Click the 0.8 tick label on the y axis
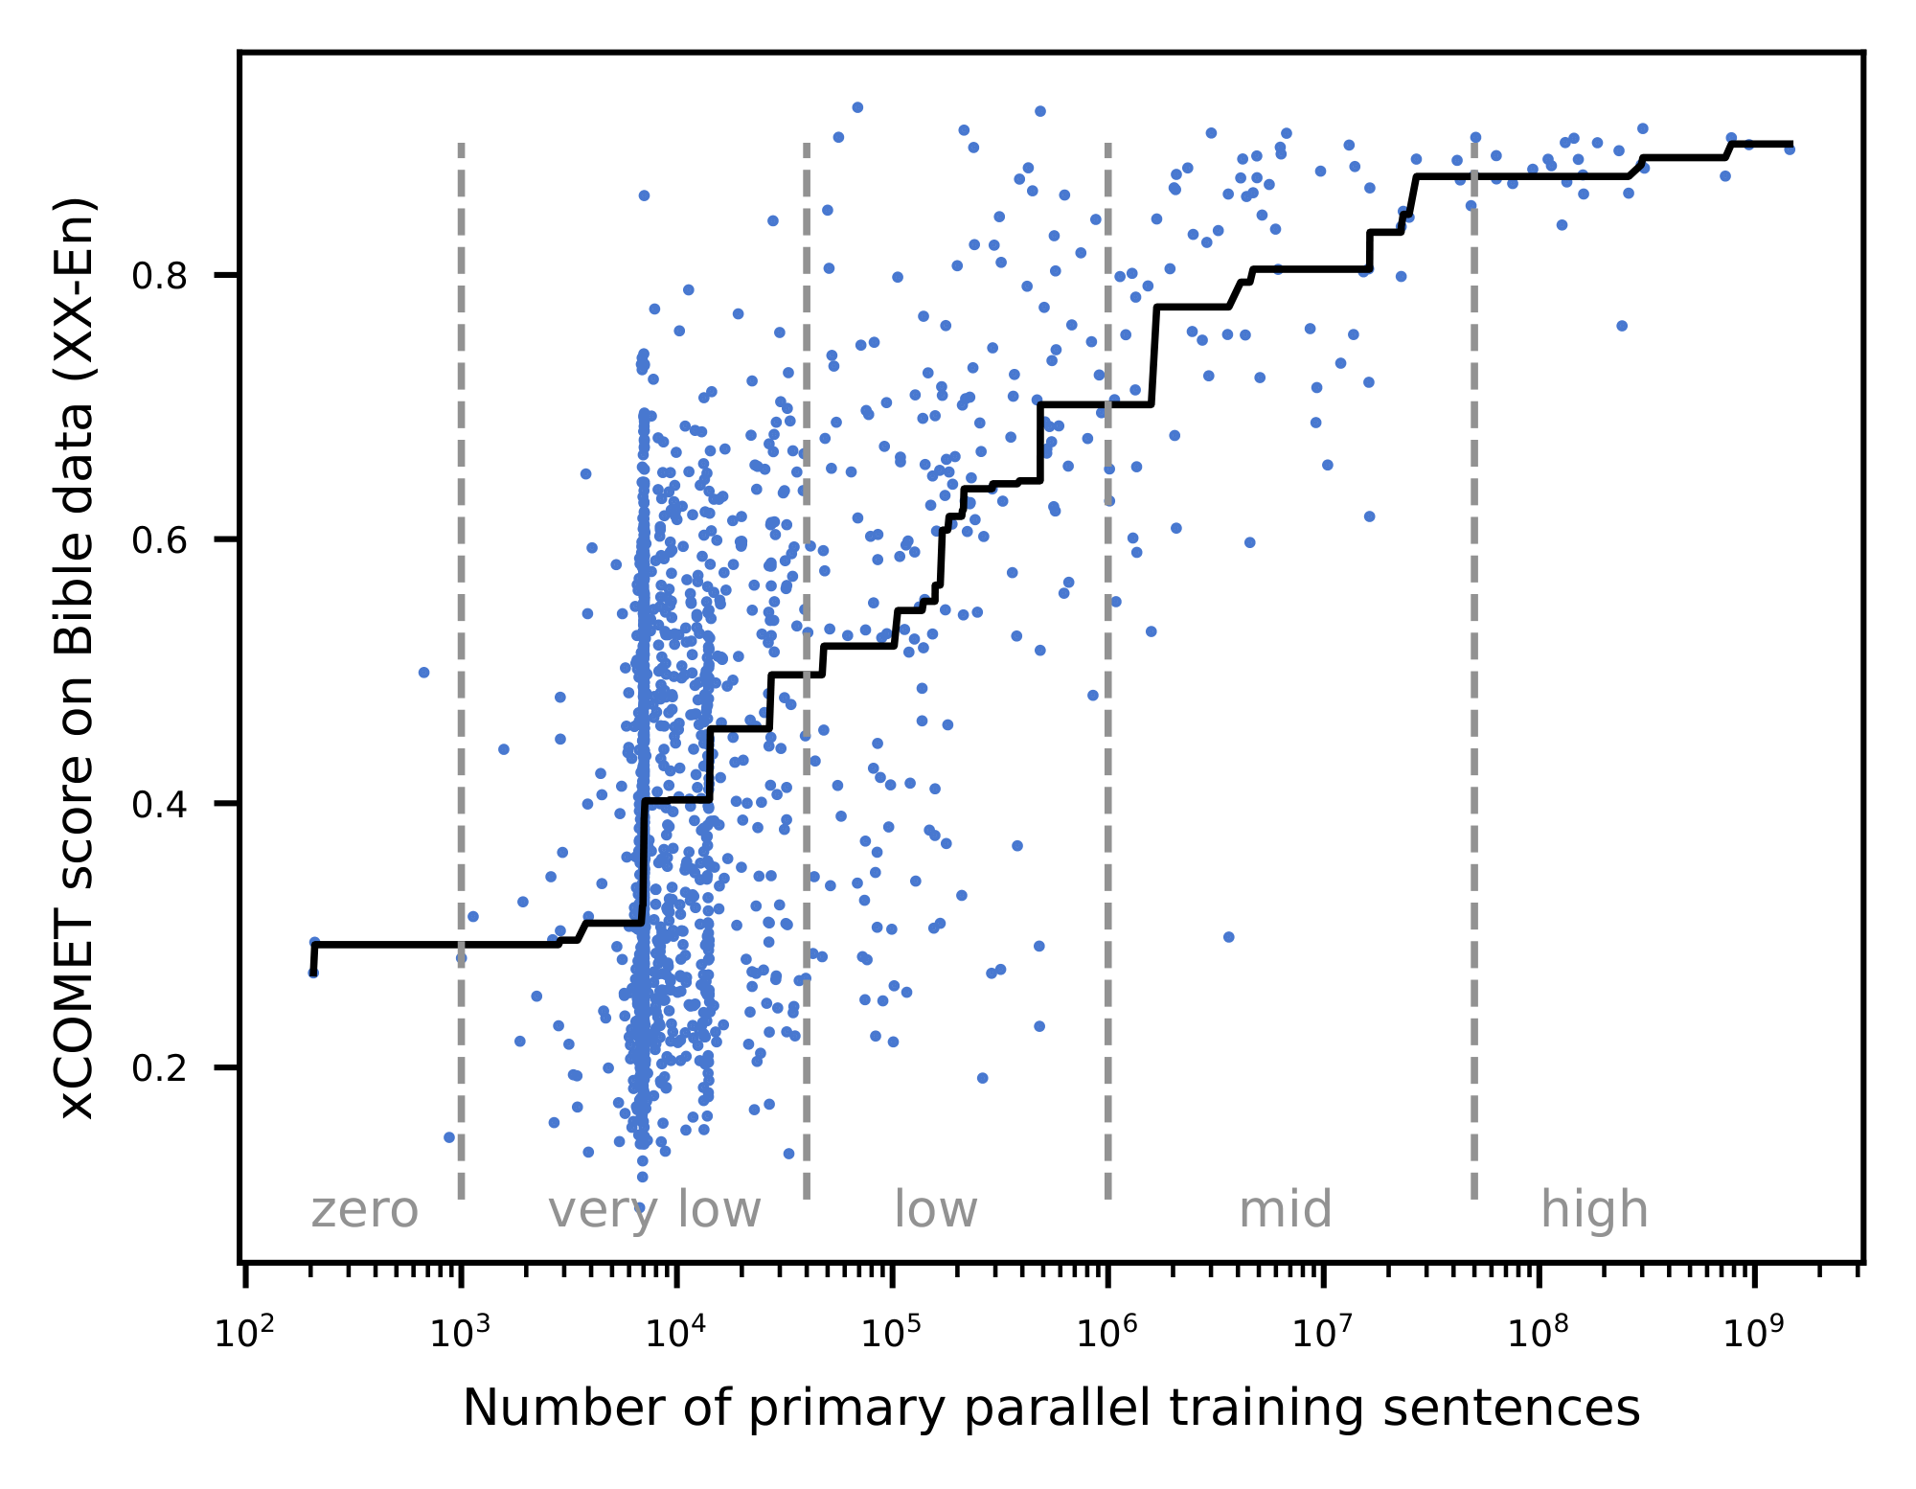158,277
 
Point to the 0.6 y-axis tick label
158,540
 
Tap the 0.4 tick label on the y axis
158,805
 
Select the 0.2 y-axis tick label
158,1068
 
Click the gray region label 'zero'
364,1211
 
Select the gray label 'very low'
654,1211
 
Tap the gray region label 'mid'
1285,1211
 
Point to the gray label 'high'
1594,1211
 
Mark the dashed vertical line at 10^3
461,671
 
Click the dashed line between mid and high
1473,671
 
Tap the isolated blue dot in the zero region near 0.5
423,673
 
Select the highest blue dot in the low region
857,107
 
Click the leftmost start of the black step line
313,972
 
